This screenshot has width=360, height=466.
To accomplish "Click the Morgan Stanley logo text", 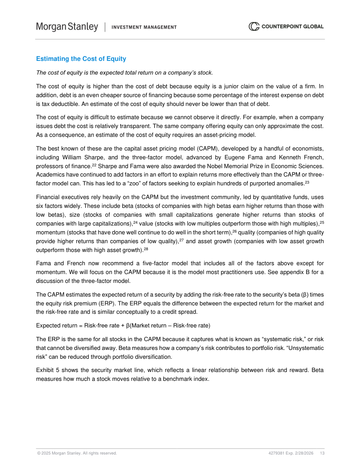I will pyautogui.click(x=67, y=27).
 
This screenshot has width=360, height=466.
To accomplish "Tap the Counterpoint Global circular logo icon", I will pyautogui.click(x=254, y=26).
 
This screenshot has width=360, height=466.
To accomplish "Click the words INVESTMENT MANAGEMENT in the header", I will pyautogui.click(x=144, y=27).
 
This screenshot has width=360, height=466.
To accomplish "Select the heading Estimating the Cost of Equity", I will pyautogui.click(x=81, y=59).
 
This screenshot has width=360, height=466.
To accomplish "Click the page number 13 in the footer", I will pyautogui.click(x=322, y=453).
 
